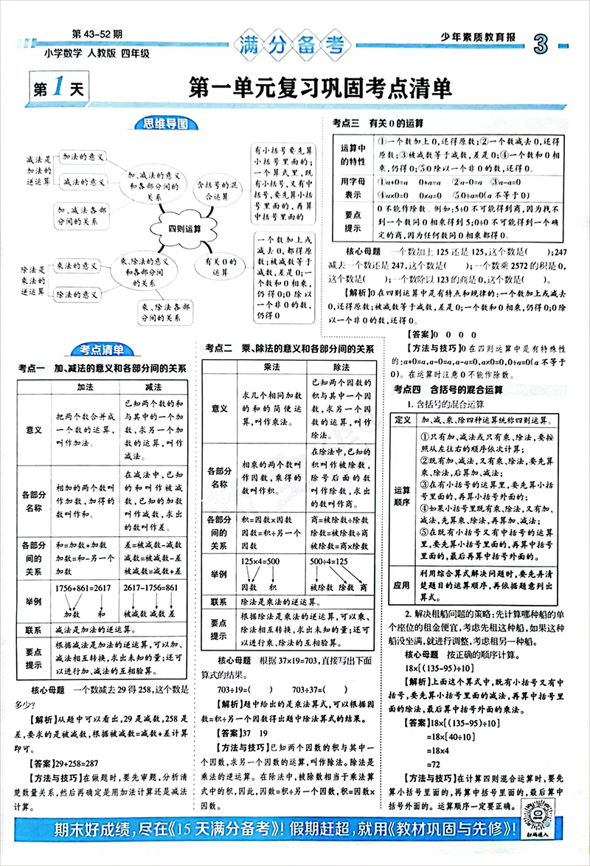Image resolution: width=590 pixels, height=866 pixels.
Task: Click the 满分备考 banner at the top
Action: click(x=295, y=45)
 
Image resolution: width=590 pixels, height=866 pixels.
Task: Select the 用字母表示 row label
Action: click(x=350, y=187)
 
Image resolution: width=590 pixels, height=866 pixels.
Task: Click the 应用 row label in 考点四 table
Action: click(x=401, y=585)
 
